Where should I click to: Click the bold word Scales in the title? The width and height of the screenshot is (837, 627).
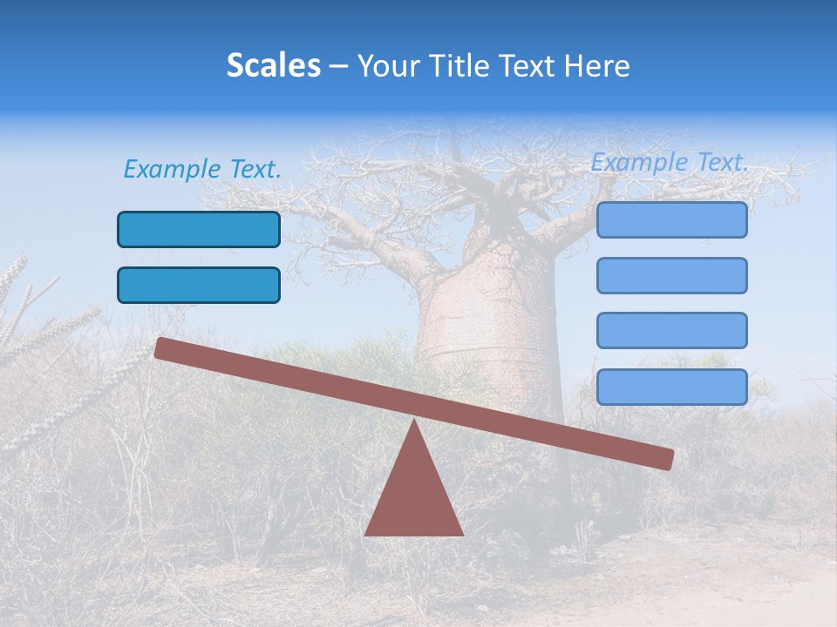(274, 65)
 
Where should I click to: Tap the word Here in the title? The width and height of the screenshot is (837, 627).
(597, 65)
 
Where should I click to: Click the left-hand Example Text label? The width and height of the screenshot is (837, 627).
(202, 169)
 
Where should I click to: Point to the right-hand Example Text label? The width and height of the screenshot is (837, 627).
(670, 162)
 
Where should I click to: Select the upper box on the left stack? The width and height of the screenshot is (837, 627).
(199, 229)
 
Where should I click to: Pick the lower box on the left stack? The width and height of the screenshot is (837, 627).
(199, 285)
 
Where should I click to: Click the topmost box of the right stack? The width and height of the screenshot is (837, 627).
(671, 219)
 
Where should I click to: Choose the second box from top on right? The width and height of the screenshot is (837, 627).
(671, 275)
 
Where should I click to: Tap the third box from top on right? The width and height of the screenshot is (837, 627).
(671, 330)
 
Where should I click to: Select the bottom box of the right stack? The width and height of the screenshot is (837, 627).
(671, 387)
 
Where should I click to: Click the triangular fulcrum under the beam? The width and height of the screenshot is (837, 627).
(414, 496)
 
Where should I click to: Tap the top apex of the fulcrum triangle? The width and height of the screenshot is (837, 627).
(414, 423)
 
